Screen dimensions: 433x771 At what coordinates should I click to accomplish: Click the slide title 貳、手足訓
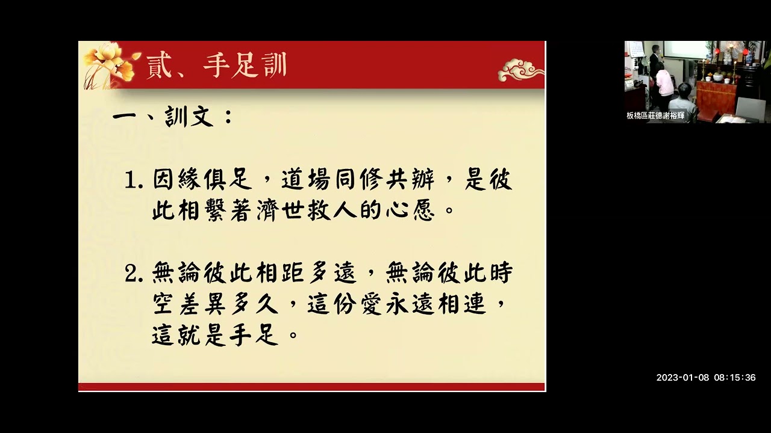coord(216,66)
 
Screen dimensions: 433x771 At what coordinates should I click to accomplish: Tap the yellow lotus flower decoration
coord(109,63)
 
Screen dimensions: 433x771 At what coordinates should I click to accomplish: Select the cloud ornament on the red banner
coord(520,70)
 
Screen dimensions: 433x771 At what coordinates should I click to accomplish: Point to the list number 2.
coord(134,274)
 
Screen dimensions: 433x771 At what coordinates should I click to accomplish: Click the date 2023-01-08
coord(682,378)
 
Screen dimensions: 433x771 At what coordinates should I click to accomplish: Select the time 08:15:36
coord(735,378)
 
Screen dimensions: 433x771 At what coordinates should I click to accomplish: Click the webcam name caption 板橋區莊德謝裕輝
coord(655,115)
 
